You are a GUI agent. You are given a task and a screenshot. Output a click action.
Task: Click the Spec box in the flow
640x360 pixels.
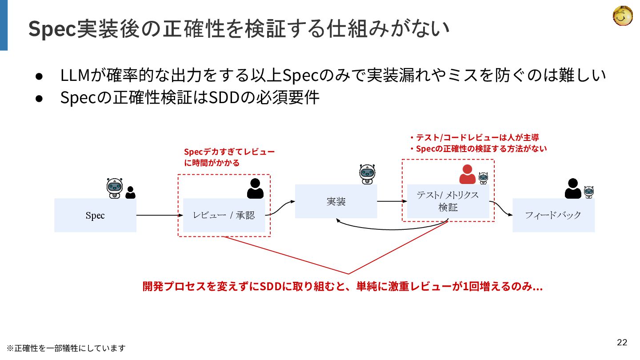pos(95,215)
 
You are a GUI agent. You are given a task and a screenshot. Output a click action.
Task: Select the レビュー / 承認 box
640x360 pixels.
pos(224,215)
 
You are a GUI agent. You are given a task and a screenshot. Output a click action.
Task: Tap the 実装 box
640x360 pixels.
pos(336,201)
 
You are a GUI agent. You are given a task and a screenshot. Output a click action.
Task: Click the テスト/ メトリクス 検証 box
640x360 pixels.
pos(448,201)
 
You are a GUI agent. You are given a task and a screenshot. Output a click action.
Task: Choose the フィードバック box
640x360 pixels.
pos(553,215)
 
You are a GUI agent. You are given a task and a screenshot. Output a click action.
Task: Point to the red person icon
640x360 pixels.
pos(467,174)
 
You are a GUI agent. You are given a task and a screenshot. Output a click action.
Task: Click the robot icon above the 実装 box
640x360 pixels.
pos(368,174)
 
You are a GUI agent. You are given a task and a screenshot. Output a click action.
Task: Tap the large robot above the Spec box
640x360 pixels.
pos(115,188)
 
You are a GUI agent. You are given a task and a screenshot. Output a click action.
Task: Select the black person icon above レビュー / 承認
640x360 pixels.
pos(255,188)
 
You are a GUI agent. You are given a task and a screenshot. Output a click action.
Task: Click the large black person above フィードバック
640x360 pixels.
pos(573,188)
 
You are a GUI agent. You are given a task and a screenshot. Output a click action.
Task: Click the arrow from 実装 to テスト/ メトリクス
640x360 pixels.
pos(392,201)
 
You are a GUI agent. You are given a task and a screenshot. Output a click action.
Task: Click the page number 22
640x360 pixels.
pos(622,342)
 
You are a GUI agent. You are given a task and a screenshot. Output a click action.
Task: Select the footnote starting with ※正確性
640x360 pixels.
pos(66,348)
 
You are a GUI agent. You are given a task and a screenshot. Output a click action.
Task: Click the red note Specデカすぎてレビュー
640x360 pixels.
pos(229,152)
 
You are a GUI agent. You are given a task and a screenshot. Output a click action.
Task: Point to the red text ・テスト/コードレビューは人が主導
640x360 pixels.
pos(474,138)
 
